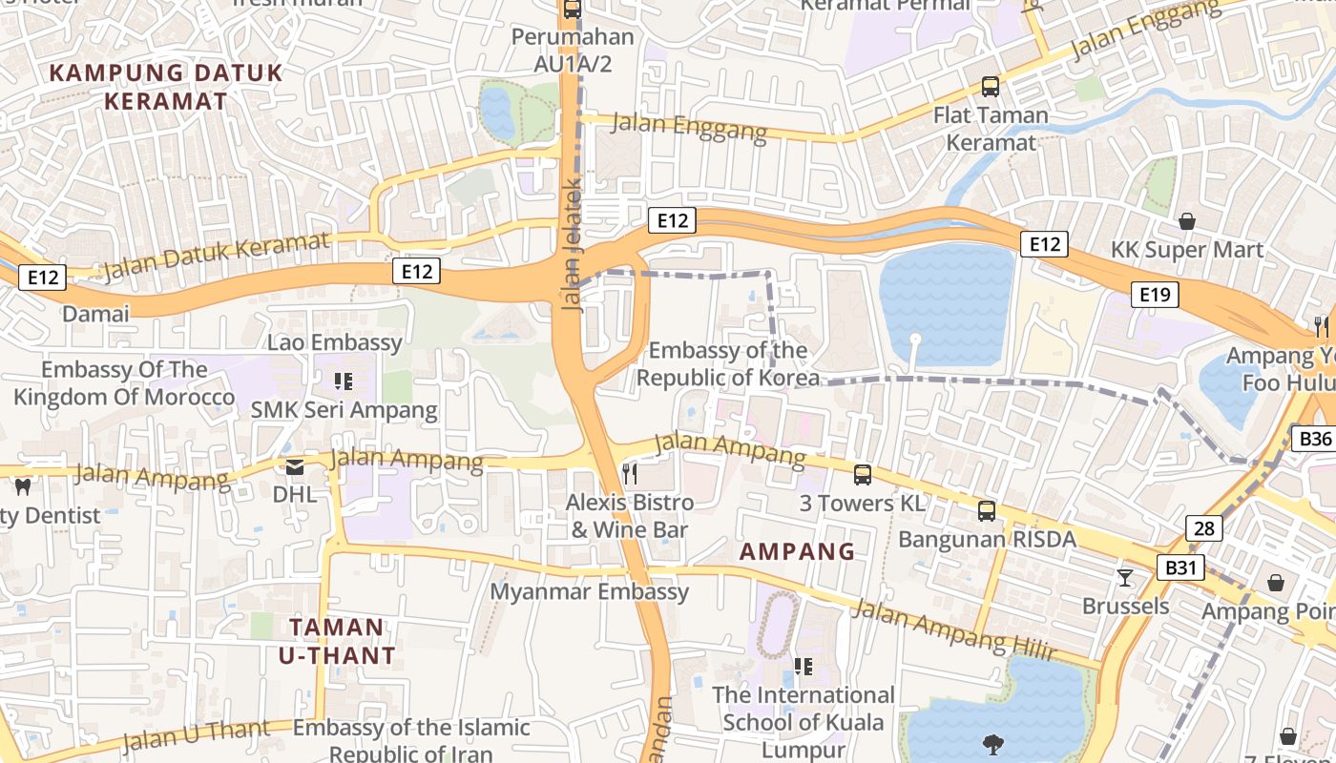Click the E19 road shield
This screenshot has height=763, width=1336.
point(1155,295)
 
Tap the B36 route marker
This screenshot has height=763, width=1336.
point(1315,439)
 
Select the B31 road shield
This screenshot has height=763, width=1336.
point(1180,568)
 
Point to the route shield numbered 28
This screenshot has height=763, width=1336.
point(1204,528)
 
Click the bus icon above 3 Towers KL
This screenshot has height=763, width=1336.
point(863,474)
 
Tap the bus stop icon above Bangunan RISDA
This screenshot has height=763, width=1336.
point(987,510)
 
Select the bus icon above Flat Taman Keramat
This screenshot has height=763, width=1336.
point(991,87)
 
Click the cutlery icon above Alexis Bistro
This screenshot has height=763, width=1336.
point(629,472)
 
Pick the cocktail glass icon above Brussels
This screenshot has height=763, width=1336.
point(1125,577)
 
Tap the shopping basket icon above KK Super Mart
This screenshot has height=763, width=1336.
point(1187,221)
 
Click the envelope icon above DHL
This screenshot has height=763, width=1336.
point(294,466)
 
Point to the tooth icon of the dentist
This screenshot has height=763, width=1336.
point(24,486)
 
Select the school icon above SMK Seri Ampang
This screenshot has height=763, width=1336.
point(344,381)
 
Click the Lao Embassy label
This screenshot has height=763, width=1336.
point(335,342)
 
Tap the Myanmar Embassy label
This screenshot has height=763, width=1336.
point(589,591)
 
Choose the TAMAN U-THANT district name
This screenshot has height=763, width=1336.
point(337,641)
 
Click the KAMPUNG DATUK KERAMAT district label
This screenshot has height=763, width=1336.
point(166,87)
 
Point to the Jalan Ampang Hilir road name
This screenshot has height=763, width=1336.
point(955,630)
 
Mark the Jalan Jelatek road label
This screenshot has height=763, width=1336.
point(573,246)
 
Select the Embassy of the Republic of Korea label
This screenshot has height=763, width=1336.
point(727,364)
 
